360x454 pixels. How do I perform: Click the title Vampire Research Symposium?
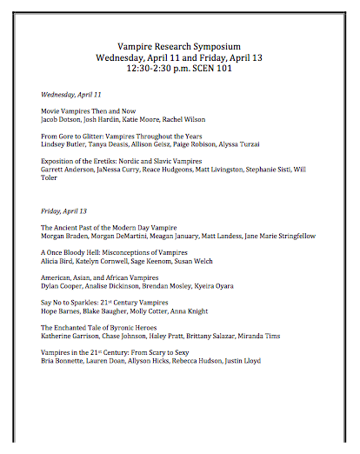(x=180, y=45)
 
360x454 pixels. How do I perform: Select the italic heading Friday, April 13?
(x=64, y=210)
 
